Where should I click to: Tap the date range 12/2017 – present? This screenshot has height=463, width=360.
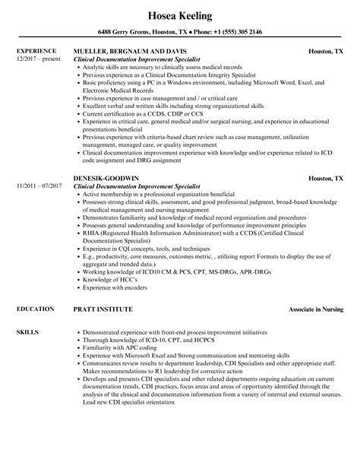[39, 59]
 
